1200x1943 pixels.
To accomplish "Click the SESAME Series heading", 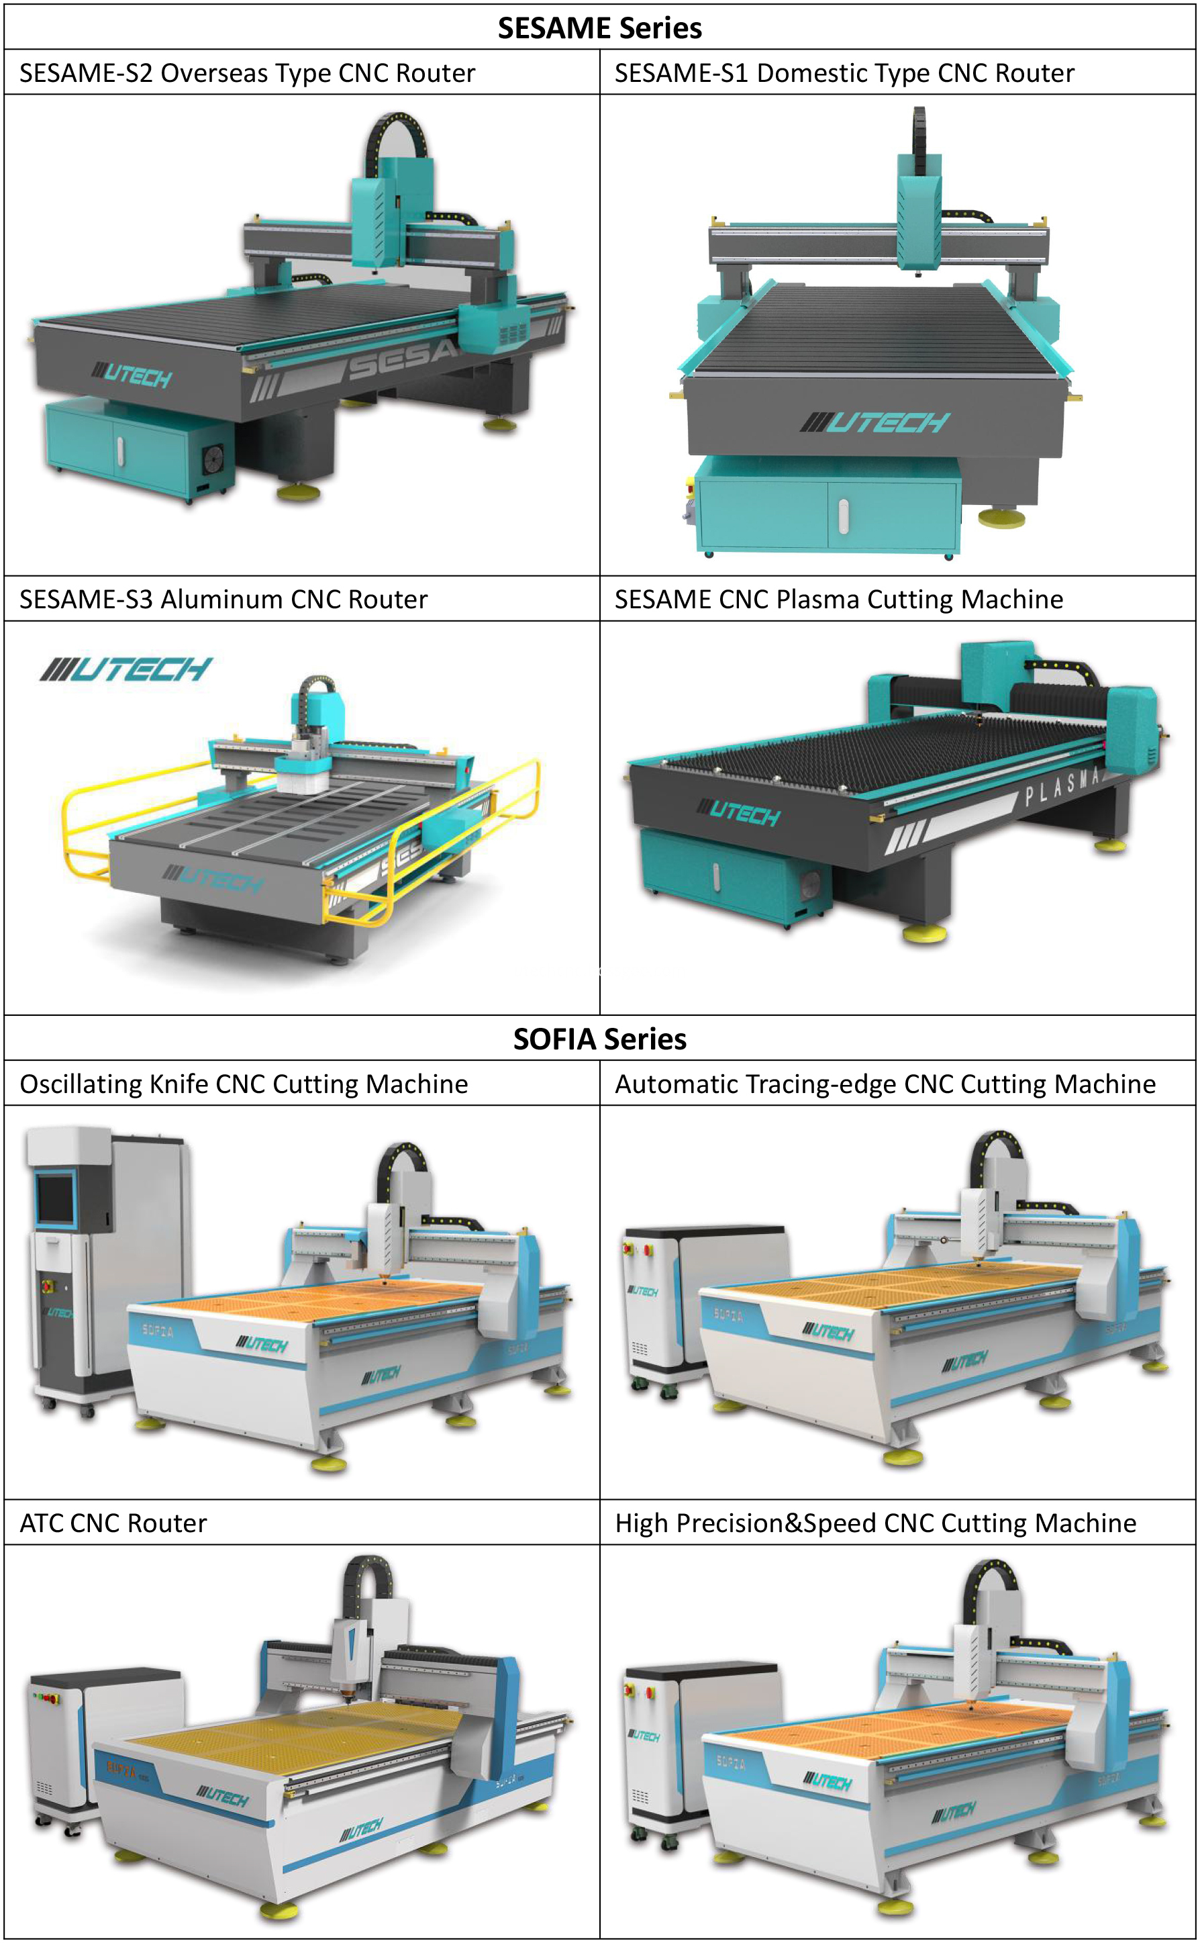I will coord(599,28).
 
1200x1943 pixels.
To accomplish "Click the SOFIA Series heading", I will coord(599,1038).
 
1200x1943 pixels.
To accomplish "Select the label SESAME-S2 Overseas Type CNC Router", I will coord(247,73).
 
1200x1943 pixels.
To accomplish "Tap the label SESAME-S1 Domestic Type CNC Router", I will coord(844,73).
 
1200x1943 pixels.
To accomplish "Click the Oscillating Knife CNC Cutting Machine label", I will coord(244,1084).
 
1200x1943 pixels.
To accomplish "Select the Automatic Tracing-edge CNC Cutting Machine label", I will coord(885,1084).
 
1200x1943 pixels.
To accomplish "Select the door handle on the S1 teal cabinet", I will coord(843,515).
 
